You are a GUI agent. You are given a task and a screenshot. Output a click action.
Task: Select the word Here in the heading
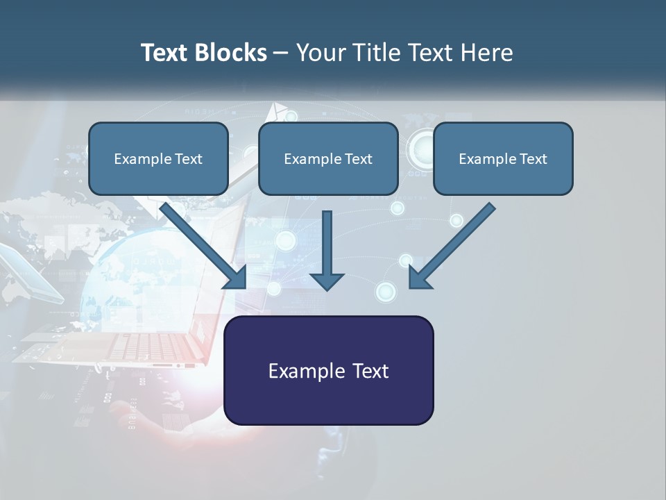(x=487, y=53)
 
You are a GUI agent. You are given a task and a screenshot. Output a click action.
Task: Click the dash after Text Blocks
(x=281, y=53)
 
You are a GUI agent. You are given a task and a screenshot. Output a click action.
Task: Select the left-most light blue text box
(x=158, y=159)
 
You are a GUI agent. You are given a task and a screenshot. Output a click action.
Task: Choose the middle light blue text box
(x=328, y=159)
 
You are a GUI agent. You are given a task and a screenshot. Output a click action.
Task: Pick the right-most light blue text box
(x=503, y=159)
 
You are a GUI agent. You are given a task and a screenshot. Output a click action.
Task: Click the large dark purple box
(x=328, y=370)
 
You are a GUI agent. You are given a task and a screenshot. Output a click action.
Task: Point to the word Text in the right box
(x=533, y=159)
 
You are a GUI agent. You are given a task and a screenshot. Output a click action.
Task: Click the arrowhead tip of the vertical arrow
(x=327, y=287)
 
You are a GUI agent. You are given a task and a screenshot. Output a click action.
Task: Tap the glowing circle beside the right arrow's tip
(x=386, y=292)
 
